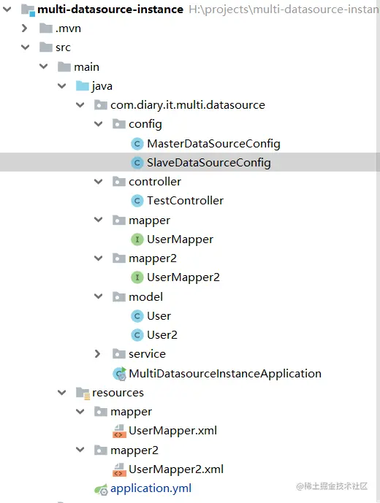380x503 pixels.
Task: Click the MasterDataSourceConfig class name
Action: [213, 144]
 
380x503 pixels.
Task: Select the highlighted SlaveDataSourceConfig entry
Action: [209, 163]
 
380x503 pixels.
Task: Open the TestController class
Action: [185, 201]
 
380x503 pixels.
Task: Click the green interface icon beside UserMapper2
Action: [137, 277]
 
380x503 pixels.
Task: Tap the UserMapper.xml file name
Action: [172, 431]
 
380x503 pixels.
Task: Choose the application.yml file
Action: [151, 488]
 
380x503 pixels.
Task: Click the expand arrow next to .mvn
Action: [24, 28]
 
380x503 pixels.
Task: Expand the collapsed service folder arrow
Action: [98, 354]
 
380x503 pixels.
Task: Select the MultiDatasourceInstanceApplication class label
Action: [225, 373]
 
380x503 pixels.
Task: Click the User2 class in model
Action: [162, 335]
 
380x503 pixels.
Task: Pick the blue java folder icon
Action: [83, 86]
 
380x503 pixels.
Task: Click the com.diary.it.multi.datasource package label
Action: [188, 105]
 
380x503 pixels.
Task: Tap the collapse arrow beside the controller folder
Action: [99, 182]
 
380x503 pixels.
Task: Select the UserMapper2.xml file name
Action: [176, 469]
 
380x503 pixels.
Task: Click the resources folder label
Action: [118, 393]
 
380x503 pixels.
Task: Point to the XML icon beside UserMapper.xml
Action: [119, 431]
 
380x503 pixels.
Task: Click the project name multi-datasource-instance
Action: [110, 9]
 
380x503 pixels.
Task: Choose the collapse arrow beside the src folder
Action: [25, 47]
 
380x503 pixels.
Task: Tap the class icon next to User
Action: [137, 316]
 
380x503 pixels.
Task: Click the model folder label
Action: [145, 296]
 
